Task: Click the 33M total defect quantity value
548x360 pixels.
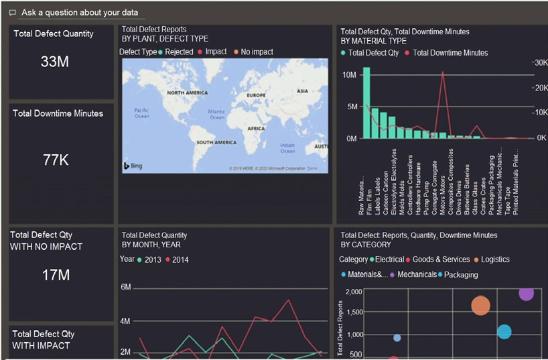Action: pos(54,62)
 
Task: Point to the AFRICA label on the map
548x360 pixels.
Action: pos(255,128)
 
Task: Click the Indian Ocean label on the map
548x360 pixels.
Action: pos(287,147)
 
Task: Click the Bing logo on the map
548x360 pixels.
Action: pos(133,165)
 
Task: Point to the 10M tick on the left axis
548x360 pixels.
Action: pos(349,74)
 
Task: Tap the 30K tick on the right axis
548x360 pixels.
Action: pos(539,62)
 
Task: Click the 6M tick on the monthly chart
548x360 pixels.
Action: pos(125,287)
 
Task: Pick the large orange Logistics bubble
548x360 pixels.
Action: pos(480,306)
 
